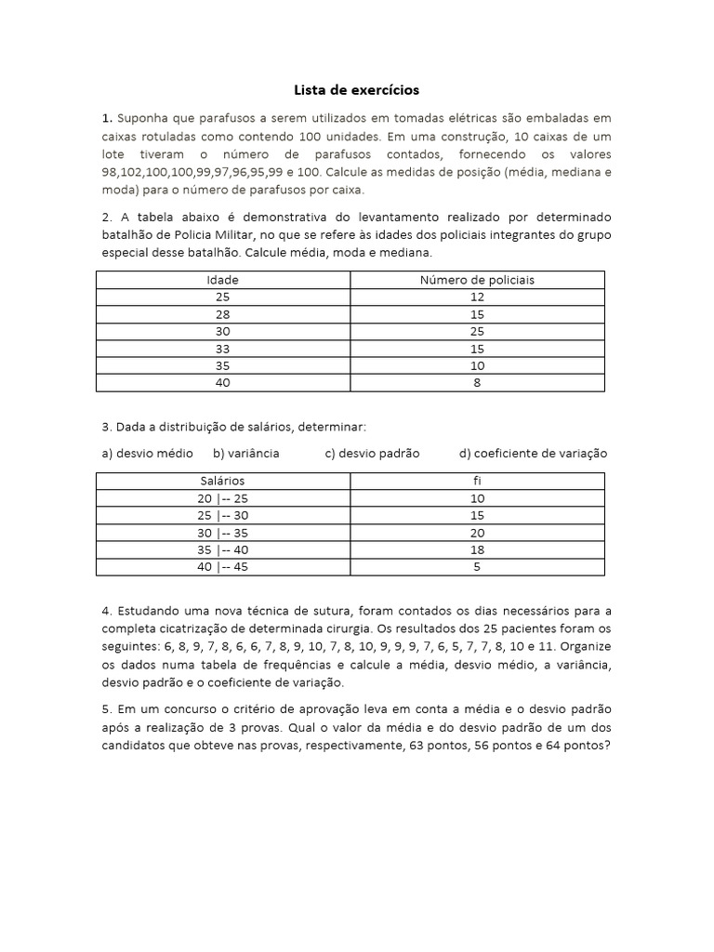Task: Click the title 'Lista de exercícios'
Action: tap(357, 90)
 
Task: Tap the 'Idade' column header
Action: tap(222, 280)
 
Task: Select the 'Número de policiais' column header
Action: tap(477, 280)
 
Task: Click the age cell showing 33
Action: tap(222, 348)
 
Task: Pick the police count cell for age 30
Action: tap(477, 331)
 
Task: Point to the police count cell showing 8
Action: tap(477, 382)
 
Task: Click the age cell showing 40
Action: tap(222, 382)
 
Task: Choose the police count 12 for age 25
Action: tap(477, 297)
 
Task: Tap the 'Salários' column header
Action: tap(222, 481)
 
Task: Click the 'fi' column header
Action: tap(477, 481)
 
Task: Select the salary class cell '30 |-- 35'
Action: tap(222, 532)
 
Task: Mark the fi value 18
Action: tap(477, 549)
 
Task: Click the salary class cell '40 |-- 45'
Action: tap(222, 565)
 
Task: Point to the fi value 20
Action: tap(477, 532)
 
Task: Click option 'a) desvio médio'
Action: tap(148, 454)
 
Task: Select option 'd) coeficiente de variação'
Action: tap(533, 454)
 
